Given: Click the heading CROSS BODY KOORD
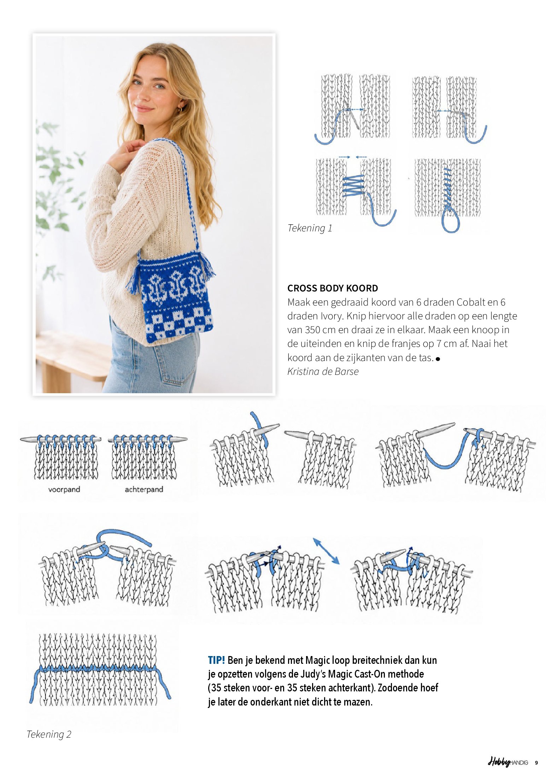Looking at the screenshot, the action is pyautogui.click(x=333, y=288).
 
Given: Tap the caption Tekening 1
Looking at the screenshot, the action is pyautogui.click(x=310, y=228).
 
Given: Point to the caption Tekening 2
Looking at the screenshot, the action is pyautogui.click(x=49, y=734).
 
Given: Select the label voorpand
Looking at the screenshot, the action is pyautogui.click(x=64, y=489).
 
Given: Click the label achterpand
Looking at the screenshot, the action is pyautogui.click(x=144, y=489).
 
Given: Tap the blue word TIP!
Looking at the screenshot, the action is pyautogui.click(x=216, y=660).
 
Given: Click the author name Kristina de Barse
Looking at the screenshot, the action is pyautogui.click(x=323, y=372).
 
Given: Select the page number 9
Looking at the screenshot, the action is pyautogui.click(x=536, y=763).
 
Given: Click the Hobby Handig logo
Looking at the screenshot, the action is pyautogui.click(x=508, y=762).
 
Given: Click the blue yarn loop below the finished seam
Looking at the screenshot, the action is pyautogui.click(x=451, y=221).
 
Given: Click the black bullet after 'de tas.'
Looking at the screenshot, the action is pyautogui.click(x=438, y=359).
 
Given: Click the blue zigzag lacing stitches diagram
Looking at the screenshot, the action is pyautogui.click(x=353, y=185).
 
